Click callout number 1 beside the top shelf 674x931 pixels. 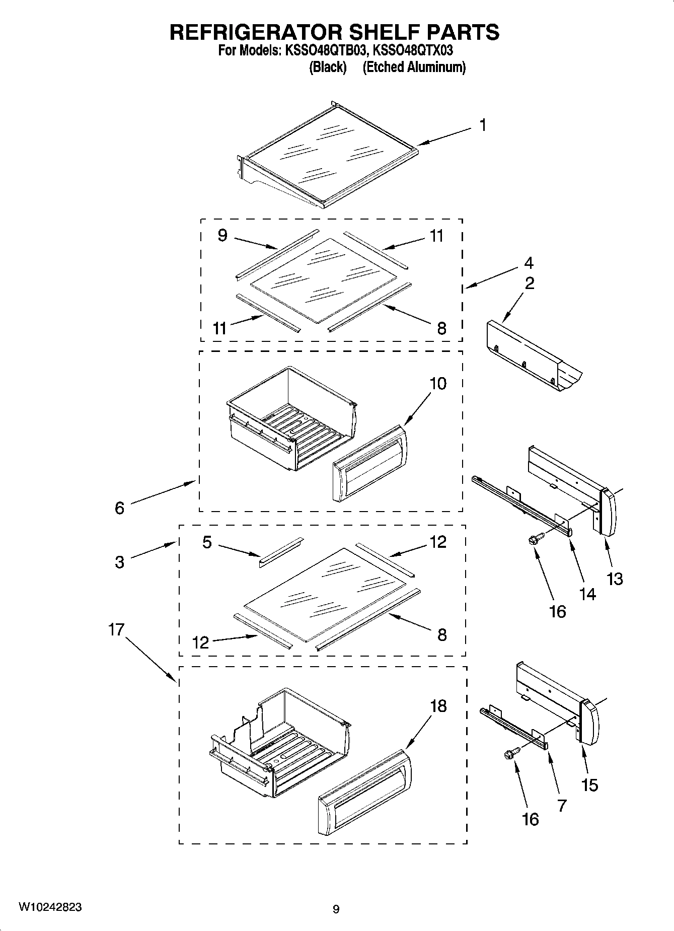[483, 125]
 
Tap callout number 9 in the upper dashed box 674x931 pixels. [223, 235]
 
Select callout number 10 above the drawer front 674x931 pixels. [437, 384]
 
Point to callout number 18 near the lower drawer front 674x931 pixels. [438, 706]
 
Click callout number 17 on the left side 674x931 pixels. [116, 629]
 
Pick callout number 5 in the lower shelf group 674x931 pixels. [207, 543]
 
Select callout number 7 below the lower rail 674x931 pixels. [562, 805]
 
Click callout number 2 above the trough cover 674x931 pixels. [530, 283]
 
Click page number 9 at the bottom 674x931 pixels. [336, 909]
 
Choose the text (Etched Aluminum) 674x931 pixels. [414, 67]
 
